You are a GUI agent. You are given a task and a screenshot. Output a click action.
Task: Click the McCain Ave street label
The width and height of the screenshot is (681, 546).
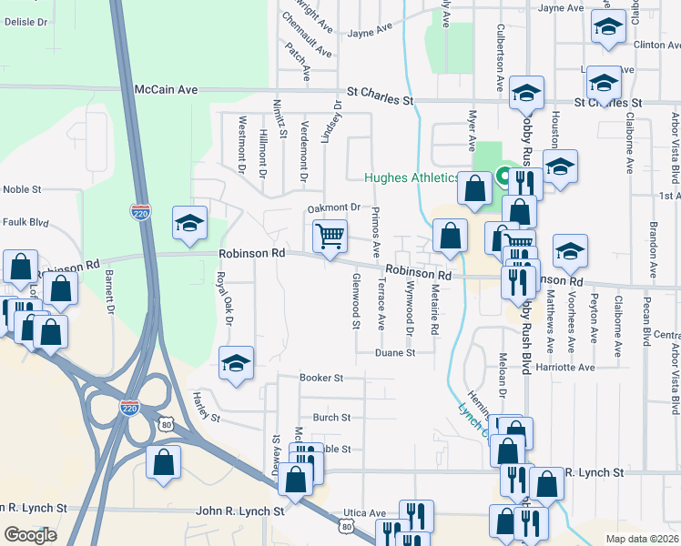(166, 90)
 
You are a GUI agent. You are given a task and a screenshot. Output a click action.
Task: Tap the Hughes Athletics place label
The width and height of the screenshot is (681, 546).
(412, 178)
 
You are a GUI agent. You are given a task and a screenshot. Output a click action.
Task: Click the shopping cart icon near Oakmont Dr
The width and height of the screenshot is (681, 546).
(330, 237)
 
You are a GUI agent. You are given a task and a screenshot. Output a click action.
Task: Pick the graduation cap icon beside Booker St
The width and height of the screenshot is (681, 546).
(236, 364)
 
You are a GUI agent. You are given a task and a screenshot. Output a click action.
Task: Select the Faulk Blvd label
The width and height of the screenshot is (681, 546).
(25, 221)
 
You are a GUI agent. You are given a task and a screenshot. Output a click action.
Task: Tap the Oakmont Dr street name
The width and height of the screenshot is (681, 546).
(334, 208)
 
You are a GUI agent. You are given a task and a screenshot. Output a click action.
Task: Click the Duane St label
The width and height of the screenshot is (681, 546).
(396, 352)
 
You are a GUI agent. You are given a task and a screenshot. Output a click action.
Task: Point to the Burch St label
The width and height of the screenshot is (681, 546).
(331, 418)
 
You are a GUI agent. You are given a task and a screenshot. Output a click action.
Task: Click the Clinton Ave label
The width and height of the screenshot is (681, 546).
(656, 44)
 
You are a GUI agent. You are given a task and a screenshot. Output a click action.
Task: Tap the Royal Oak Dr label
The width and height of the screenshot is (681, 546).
(224, 298)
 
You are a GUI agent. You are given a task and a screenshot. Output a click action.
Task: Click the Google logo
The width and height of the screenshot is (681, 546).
(30, 535)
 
